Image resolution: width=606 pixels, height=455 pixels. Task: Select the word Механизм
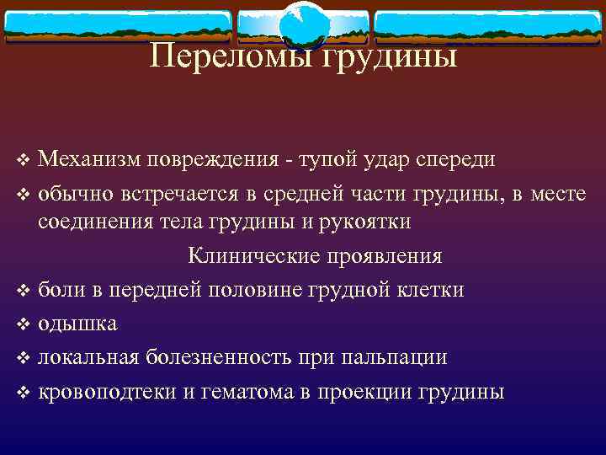click(89, 158)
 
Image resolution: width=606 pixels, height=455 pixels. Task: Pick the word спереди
click(450, 160)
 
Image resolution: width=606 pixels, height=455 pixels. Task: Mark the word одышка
click(77, 324)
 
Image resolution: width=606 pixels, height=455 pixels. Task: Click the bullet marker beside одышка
click(24, 324)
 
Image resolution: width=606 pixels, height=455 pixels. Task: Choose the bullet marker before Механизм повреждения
click(24, 159)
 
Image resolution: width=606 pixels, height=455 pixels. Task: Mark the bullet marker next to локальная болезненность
click(24, 358)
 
